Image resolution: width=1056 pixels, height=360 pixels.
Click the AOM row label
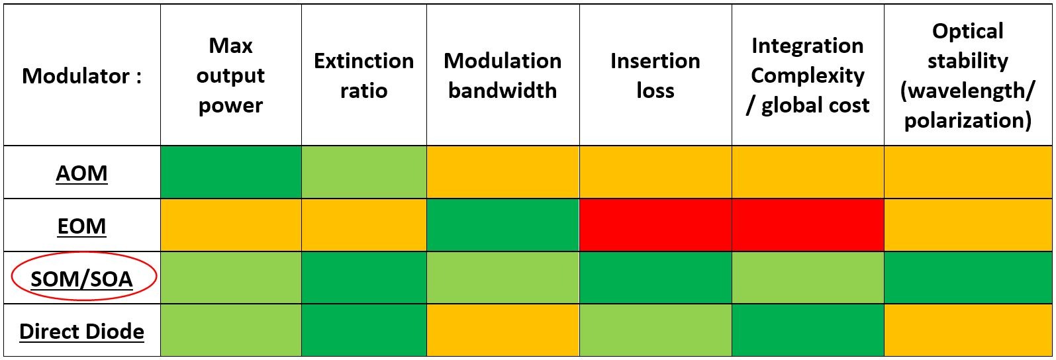81,173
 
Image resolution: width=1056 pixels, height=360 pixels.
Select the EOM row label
81,226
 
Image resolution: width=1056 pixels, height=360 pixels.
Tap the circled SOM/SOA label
82,279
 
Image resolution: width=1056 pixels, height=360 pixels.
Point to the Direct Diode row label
81,331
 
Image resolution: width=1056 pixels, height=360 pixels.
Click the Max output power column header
230,75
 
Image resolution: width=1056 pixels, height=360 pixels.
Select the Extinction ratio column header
363,75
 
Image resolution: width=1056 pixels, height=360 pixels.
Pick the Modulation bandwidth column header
503,75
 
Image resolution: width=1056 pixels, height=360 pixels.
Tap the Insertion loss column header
655,75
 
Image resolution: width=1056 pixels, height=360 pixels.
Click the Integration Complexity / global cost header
807,75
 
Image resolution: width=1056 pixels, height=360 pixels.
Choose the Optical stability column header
967,75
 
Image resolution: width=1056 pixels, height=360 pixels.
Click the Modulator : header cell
81,76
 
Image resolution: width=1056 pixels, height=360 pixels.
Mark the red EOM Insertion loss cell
655,225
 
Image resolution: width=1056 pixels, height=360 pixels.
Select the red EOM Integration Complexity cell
807,225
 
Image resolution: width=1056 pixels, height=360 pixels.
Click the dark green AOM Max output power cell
230,172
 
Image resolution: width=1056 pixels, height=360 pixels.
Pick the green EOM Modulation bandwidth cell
503,225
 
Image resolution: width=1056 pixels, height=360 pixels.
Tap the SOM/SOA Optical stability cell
967,278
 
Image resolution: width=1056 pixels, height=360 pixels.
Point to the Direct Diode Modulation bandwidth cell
503,330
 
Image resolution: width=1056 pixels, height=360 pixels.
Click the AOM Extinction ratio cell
363,172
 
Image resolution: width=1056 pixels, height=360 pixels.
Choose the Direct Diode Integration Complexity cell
807,330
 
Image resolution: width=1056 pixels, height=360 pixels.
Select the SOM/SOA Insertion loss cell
655,278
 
